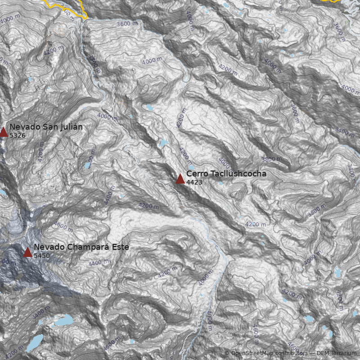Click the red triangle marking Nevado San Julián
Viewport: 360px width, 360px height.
click(x=4, y=131)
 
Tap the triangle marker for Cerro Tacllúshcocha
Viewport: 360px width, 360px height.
click(x=180, y=179)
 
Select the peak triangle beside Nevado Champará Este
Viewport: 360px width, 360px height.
click(x=28, y=252)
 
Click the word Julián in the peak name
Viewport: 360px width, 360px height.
click(x=70, y=127)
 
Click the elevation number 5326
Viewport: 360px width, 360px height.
click(x=17, y=135)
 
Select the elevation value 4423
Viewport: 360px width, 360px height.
click(x=194, y=182)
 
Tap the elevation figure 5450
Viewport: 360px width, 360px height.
click(x=41, y=256)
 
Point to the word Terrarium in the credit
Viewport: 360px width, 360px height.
click(x=343, y=353)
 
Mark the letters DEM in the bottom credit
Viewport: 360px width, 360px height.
click(x=323, y=353)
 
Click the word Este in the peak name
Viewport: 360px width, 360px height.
click(x=121, y=247)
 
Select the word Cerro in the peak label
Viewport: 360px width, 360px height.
click(x=196, y=174)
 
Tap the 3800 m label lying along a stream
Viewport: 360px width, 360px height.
click(x=94, y=65)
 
